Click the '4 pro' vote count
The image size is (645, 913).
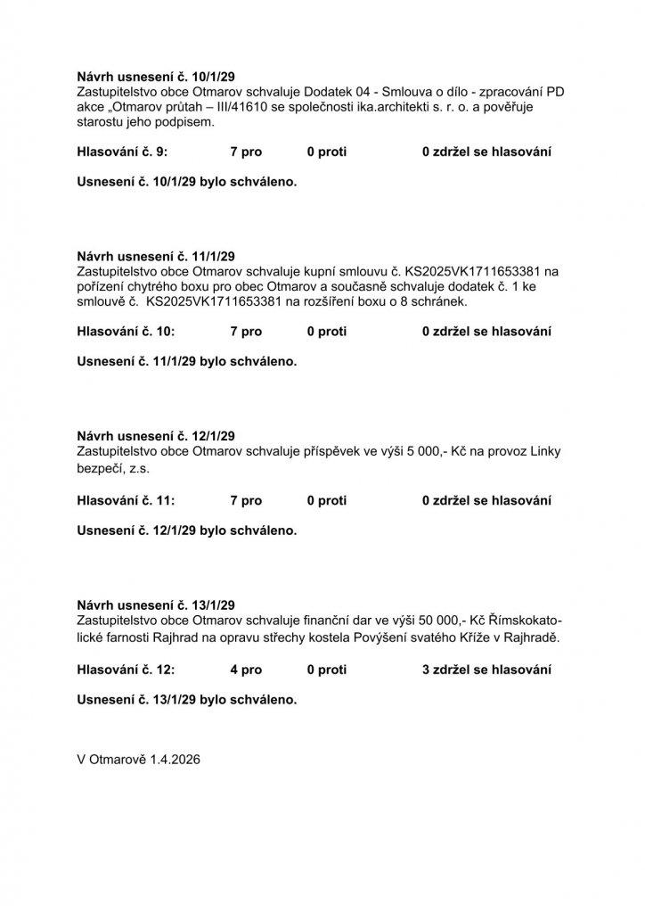246,669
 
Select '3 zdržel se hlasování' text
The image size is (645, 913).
486,669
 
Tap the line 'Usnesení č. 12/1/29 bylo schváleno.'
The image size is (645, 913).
186,531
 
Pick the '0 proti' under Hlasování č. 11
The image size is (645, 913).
326,500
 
